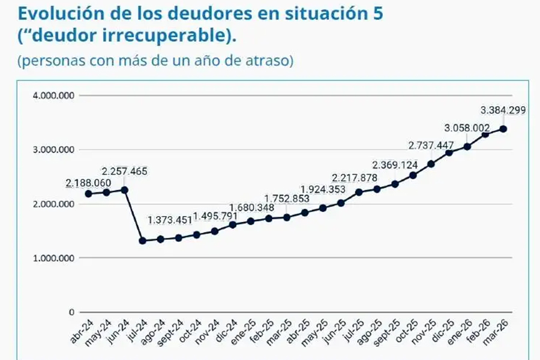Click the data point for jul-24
click(143, 241)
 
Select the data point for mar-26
click(503, 129)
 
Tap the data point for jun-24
click(125, 190)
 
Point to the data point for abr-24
click(89, 194)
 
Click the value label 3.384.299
click(503, 110)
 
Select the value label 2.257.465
click(124, 171)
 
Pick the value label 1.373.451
click(170, 220)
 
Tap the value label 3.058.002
click(467, 128)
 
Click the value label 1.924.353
click(323, 190)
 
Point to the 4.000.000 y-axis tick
click(54, 95)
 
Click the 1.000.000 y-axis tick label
click(54, 258)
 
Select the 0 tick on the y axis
click(71, 312)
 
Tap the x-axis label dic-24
click(226, 330)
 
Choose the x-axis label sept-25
click(386, 332)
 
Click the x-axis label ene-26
click(460, 331)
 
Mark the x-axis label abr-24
click(82, 331)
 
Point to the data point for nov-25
click(431, 164)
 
